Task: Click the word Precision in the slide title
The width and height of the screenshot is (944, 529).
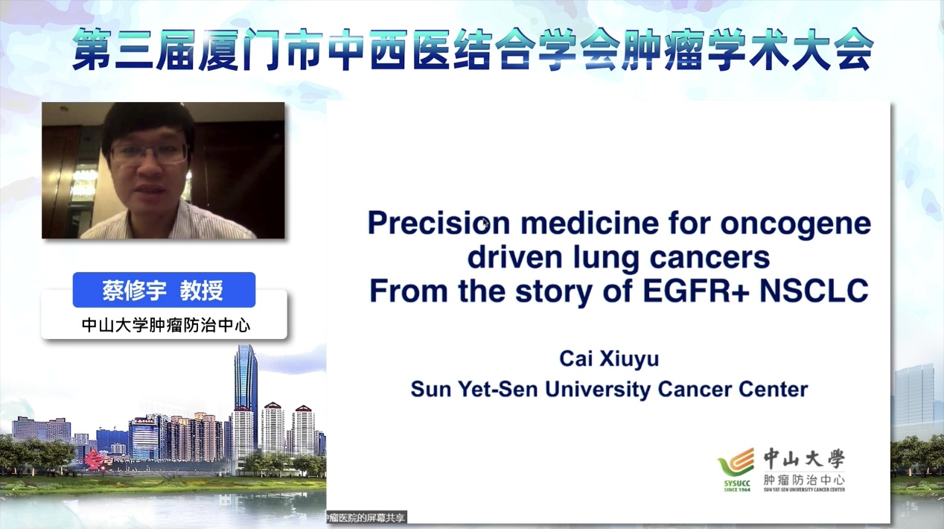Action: (438, 223)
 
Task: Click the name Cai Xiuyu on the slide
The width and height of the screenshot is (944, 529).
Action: (609, 359)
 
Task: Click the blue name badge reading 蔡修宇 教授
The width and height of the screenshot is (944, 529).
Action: (164, 290)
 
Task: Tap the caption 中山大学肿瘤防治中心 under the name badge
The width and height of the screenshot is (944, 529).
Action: (166, 326)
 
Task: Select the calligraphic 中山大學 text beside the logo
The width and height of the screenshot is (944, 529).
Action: (804, 458)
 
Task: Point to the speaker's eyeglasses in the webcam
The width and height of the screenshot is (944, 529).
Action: (150, 153)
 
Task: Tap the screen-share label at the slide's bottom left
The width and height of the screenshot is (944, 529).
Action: (366, 518)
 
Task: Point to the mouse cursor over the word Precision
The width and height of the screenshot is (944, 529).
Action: (485, 224)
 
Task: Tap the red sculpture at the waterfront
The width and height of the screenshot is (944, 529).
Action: (96, 460)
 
